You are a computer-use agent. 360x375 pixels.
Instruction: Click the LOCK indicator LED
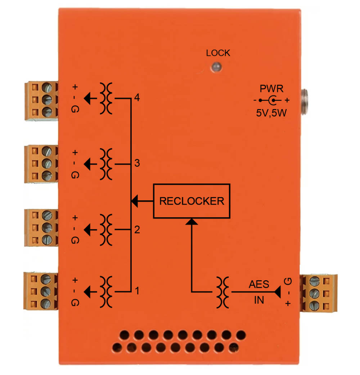pyautogui.click(x=217, y=67)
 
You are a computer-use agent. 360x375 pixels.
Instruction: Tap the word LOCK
pyautogui.click(x=218, y=53)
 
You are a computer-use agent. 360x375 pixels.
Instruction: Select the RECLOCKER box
pyautogui.click(x=192, y=201)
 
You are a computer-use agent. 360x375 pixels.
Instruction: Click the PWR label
pyautogui.click(x=271, y=89)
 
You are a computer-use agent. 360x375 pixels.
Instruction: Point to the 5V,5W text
pyautogui.click(x=271, y=113)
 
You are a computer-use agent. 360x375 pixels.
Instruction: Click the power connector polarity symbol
pyautogui.click(x=271, y=100)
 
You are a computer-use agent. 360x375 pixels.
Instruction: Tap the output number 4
pyautogui.click(x=137, y=97)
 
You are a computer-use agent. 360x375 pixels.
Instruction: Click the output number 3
pyautogui.click(x=137, y=163)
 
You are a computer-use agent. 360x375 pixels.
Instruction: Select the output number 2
pyautogui.click(x=137, y=229)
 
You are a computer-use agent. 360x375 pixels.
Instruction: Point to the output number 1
pyautogui.click(x=137, y=291)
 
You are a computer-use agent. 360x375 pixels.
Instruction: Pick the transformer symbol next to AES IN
pyautogui.click(x=222, y=292)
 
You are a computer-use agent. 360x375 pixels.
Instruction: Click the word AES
pyautogui.click(x=259, y=284)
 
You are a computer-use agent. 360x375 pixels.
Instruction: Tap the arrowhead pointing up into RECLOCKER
pyautogui.click(x=192, y=222)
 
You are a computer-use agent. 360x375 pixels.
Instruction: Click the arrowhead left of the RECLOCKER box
pyautogui.click(x=135, y=201)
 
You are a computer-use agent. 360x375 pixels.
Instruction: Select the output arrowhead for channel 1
pyautogui.click(x=87, y=292)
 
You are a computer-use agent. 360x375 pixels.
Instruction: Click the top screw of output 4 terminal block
pyautogui.click(x=47, y=87)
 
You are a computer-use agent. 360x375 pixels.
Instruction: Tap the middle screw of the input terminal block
pyautogui.click(x=315, y=293)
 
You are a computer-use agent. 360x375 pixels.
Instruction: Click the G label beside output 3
pyautogui.click(x=75, y=175)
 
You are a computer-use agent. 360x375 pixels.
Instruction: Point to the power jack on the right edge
pyautogui.click(x=304, y=102)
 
